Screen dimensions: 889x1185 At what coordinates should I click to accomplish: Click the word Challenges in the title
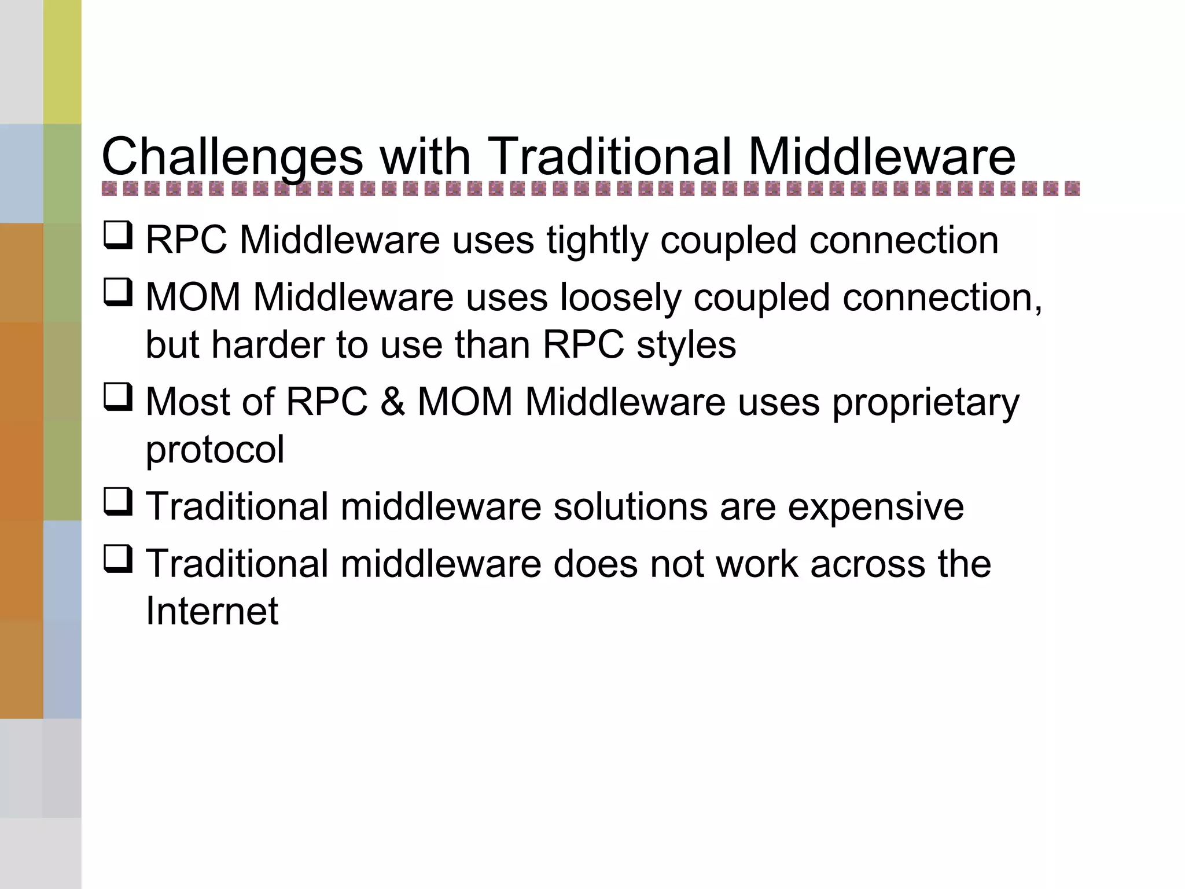click(232, 157)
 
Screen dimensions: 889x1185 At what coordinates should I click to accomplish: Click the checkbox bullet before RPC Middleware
click(118, 236)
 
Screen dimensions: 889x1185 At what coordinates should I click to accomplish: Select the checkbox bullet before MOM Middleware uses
click(118, 293)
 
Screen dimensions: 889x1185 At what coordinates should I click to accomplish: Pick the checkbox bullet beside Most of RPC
click(118, 398)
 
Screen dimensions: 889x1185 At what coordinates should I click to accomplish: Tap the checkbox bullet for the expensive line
click(118, 502)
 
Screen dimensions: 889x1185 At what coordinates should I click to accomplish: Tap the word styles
click(686, 345)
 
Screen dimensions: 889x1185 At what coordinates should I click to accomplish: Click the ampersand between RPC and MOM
click(392, 402)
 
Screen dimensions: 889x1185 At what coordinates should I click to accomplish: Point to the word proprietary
click(926, 403)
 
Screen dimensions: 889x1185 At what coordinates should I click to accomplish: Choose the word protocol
click(215, 450)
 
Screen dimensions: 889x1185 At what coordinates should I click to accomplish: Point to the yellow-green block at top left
click(62, 61)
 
